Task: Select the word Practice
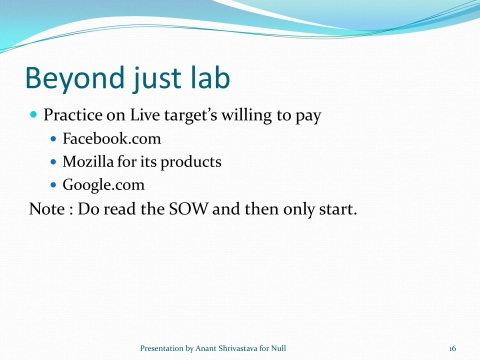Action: point(76,115)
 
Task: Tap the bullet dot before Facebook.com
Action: point(54,138)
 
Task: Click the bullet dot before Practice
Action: point(34,115)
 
